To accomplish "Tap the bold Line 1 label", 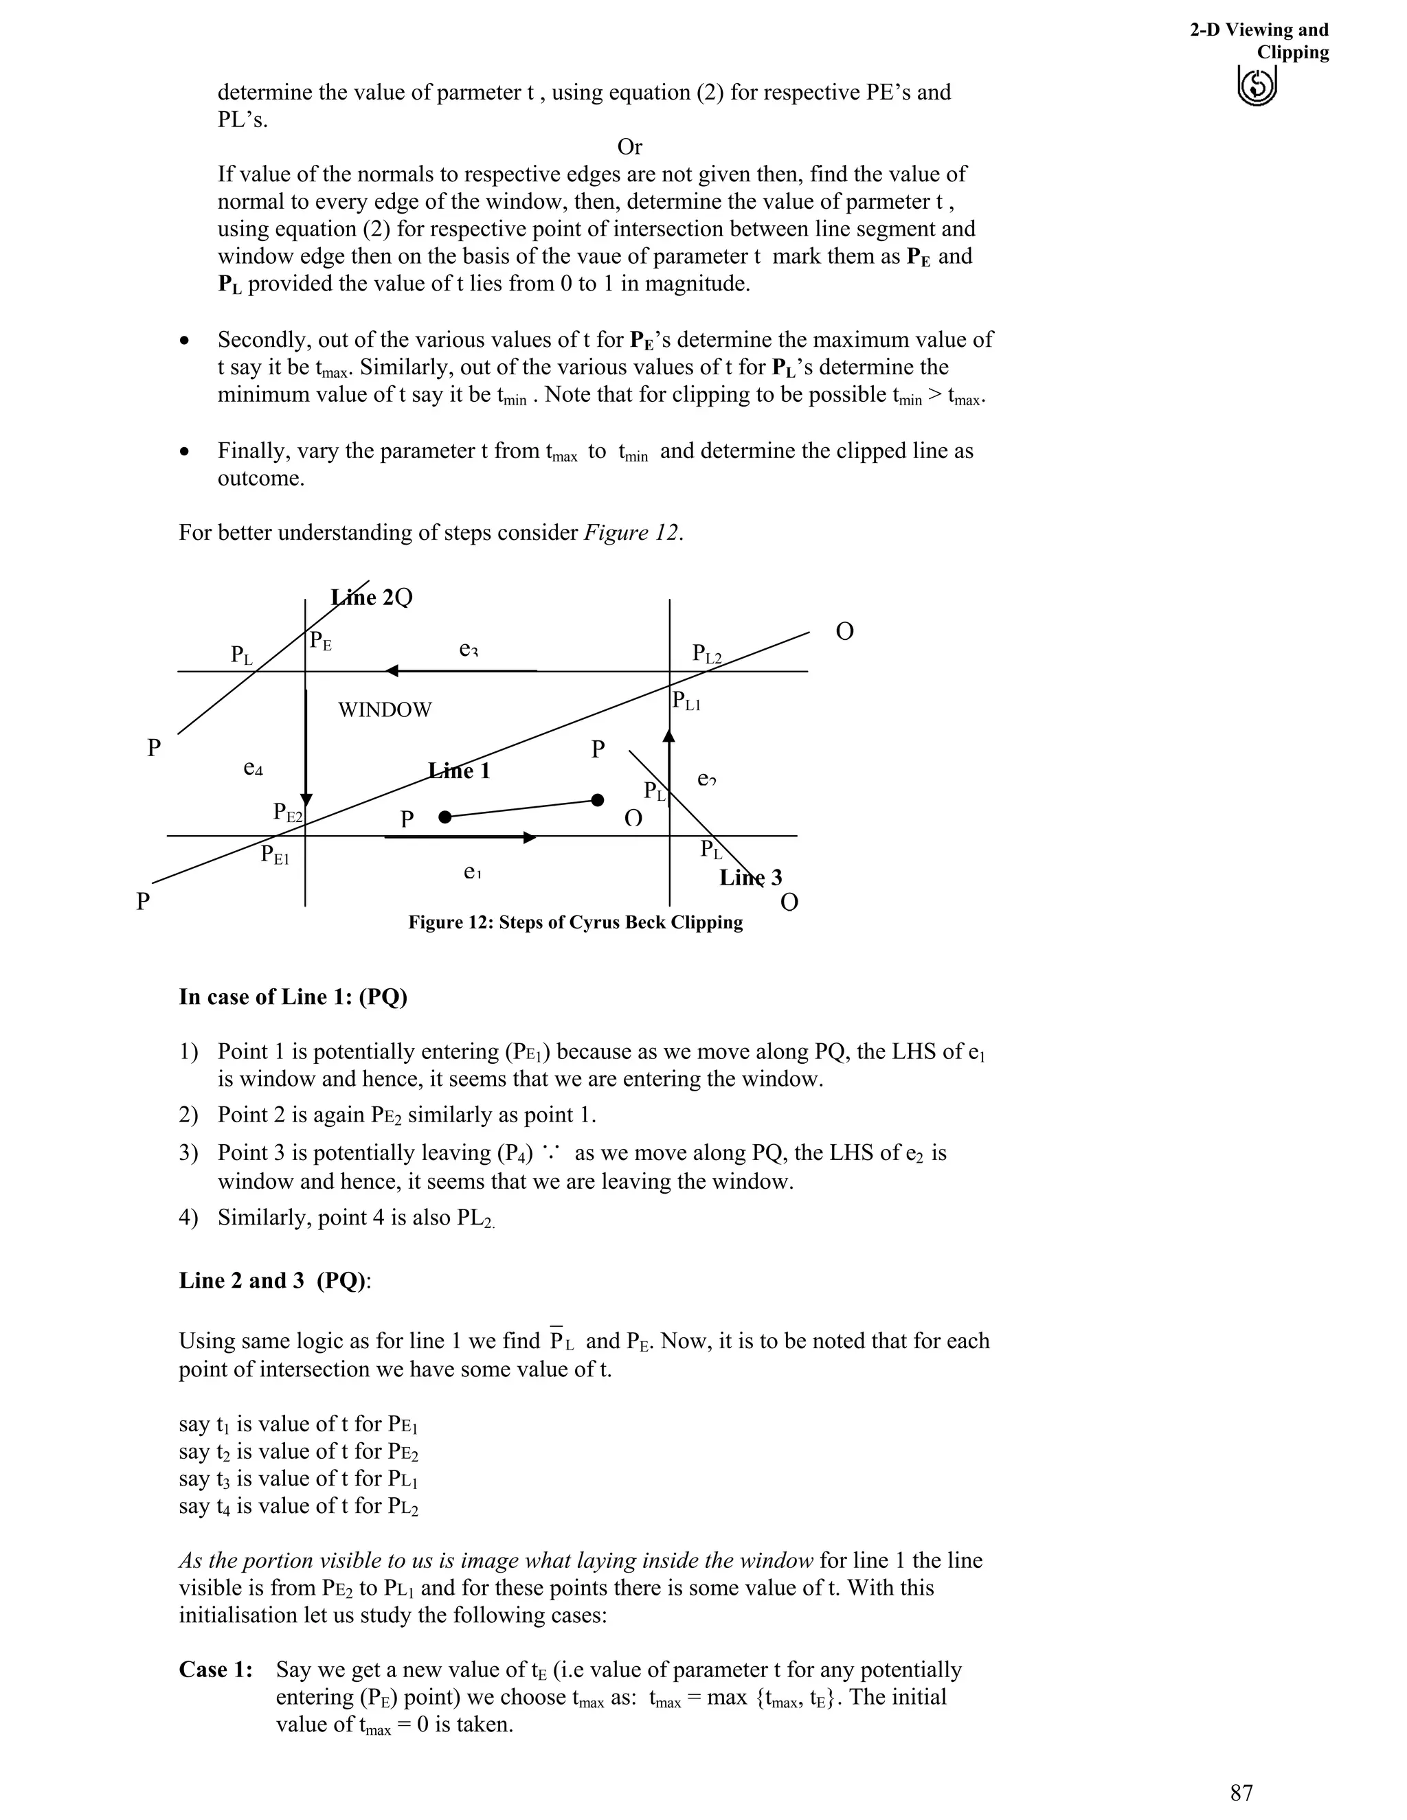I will (x=460, y=771).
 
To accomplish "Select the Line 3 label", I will (x=750, y=878).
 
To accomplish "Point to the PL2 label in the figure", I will (x=707, y=654).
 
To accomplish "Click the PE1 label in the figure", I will (x=275, y=854).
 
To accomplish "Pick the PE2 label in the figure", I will (x=289, y=812).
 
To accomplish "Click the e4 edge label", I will (x=253, y=768).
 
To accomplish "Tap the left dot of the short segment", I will (x=445, y=817).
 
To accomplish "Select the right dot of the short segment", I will (x=597, y=800).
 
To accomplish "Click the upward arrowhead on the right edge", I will (x=668, y=735).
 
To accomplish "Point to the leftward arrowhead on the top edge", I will (x=392, y=671).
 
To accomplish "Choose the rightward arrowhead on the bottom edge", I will (x=529, y=837).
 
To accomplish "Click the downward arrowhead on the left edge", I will (x=306, y=800).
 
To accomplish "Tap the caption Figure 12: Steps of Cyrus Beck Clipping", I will (x=575, y=922).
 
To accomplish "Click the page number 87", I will (x=1241, y=1793).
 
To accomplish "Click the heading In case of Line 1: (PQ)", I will (x=293, y=997).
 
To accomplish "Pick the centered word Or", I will (x=629, y=147).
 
